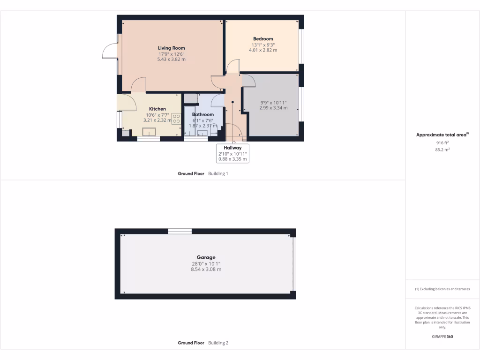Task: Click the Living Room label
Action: coord(171,48)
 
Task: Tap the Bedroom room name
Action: coord(263,39)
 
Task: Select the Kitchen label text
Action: coord(157,109)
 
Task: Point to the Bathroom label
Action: coord(202,114)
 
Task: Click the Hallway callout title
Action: coord(232,148)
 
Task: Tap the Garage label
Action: coord(206,257)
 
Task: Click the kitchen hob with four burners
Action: coord(176,119)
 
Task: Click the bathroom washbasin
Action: coord(202,133)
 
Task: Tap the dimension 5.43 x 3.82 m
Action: coord(171,60)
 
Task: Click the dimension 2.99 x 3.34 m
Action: coord(273,108)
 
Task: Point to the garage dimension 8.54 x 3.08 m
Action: coord(206,270)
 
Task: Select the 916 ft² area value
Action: coord(442,142)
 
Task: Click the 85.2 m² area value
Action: coord(442,150)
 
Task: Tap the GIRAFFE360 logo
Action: coord(442,337)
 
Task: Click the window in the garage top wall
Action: coord(180,231)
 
